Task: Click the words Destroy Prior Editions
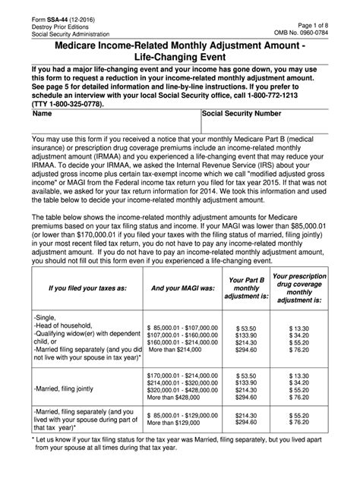54,23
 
